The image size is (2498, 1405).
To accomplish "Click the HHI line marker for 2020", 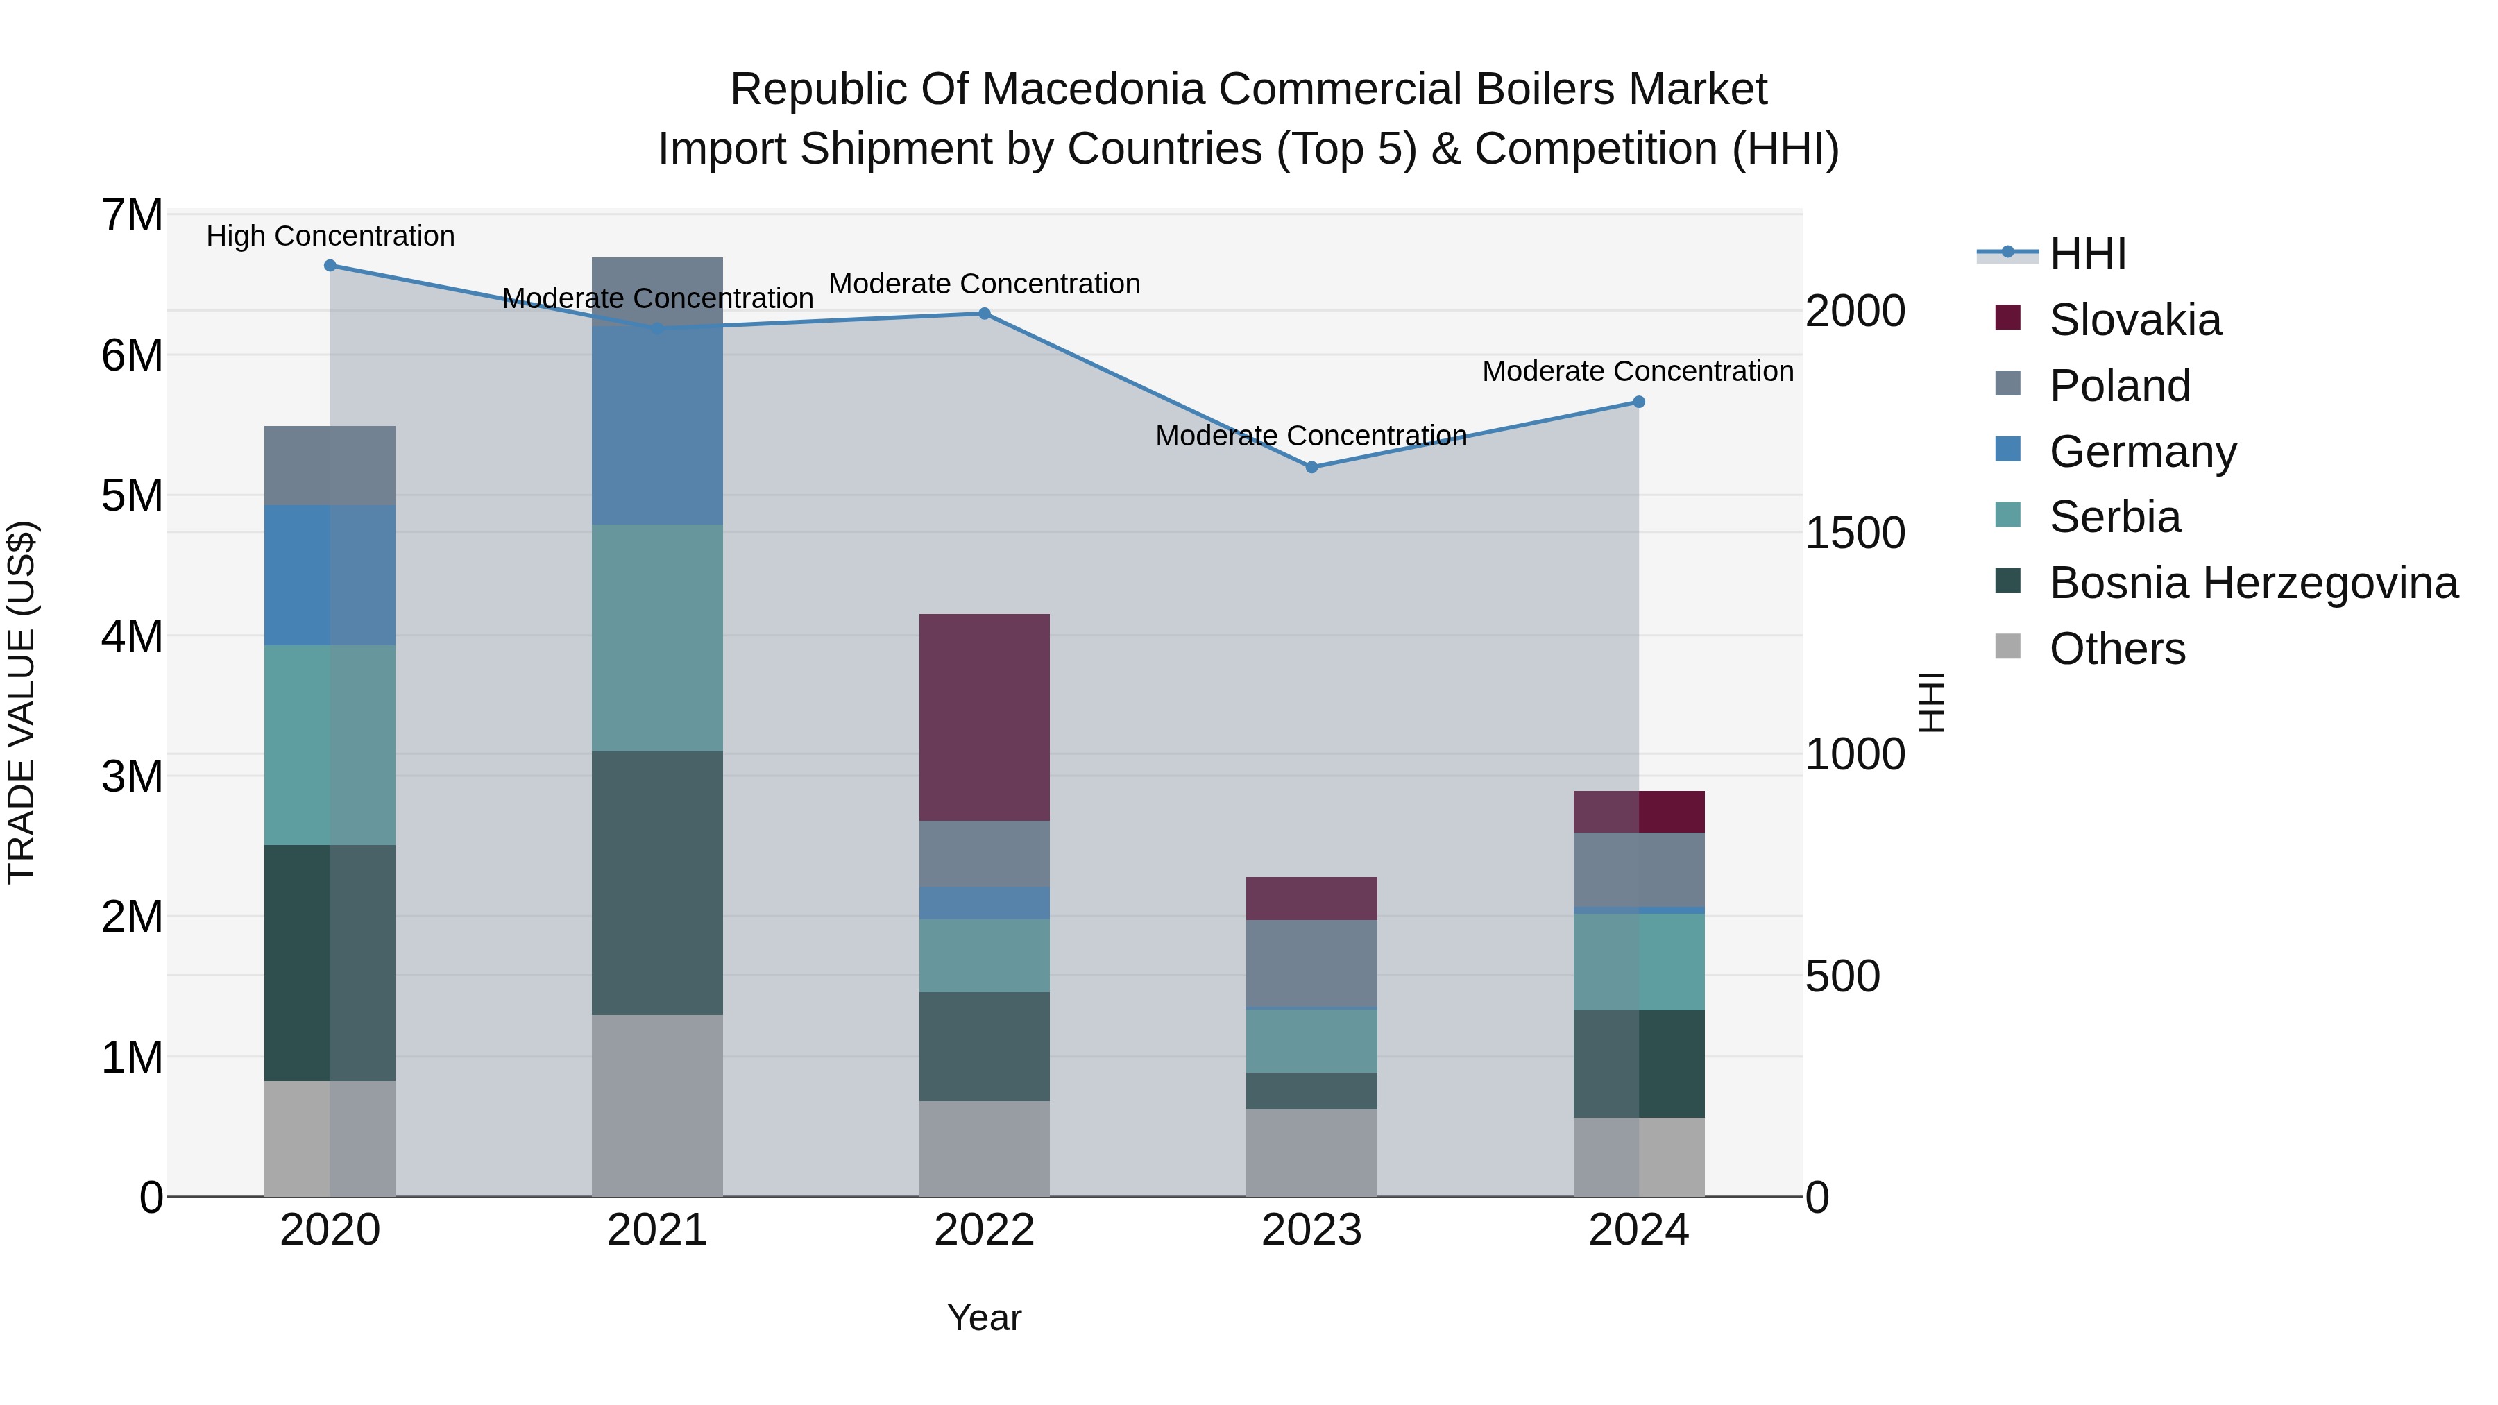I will click(330, 266).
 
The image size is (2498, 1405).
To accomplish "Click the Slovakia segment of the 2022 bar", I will click(984, 717).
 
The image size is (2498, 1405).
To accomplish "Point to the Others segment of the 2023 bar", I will click(1311, 1153).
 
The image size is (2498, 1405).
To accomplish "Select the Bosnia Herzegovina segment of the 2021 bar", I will click(658, 883).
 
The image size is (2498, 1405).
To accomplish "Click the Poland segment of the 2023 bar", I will click(1311, 964).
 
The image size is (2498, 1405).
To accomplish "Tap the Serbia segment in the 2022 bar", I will click(984, 955).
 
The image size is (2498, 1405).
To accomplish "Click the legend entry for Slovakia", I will click(2134, 320).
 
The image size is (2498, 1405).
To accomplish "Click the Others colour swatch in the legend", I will click(2007, 647).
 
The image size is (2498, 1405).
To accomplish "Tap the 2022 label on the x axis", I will click(984, 1230).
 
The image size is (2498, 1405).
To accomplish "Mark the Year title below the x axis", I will click(984, 1318).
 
